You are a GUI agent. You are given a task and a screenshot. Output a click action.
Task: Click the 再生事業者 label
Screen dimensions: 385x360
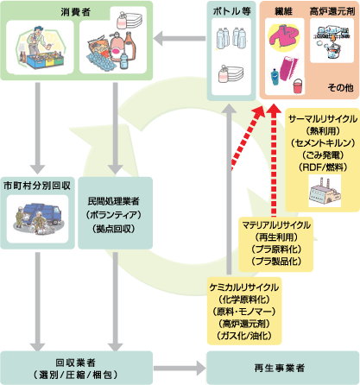280,368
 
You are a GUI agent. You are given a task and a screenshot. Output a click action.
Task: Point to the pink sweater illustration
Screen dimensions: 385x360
283,39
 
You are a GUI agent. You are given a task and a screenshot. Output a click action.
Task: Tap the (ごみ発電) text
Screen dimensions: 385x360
322,152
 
